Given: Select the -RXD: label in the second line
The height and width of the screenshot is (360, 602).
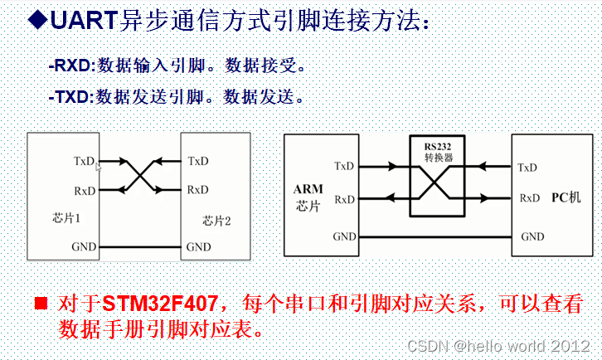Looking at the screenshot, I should pyautogui.click(x=73, y=65).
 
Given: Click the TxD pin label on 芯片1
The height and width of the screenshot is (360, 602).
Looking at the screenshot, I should pyautogui.click(x=84, y=161).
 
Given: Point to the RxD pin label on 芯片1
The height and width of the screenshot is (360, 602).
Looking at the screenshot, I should pyautogui.click(x=84, y=190).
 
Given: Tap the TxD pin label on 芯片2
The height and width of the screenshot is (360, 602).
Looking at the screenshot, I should pyautogui.click(x=198, y=161).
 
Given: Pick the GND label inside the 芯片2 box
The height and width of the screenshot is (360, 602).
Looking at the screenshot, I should pyautogui.click(x=198, y=246).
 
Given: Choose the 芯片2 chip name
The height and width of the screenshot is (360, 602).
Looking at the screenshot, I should pyautogui.click(x=216, y=221).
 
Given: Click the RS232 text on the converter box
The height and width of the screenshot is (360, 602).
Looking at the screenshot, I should pyautogui.click(x=437, y=145).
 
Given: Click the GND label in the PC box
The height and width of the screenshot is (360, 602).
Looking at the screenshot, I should pyautogui.click(x=532, y=236).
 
